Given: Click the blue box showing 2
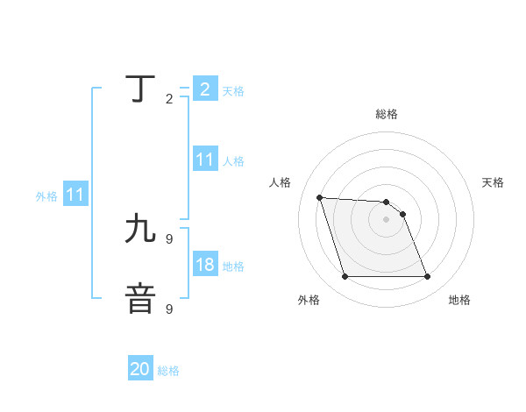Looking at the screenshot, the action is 204,89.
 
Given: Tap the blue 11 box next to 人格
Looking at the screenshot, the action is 204,160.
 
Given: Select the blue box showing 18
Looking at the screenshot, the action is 204,265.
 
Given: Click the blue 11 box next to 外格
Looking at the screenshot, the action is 75,195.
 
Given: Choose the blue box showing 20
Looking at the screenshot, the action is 140,369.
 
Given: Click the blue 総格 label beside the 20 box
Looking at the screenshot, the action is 168,371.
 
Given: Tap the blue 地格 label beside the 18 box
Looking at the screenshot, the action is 233,266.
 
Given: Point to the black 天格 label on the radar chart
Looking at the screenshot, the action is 493,182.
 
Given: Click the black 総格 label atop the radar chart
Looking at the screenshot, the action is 387,114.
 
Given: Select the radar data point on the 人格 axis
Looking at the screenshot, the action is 320,197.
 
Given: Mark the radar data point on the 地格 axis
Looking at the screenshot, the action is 427,277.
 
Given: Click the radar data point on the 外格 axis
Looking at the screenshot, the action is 345,277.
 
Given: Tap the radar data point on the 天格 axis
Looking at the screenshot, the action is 402,214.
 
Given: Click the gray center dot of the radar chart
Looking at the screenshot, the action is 386,219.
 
